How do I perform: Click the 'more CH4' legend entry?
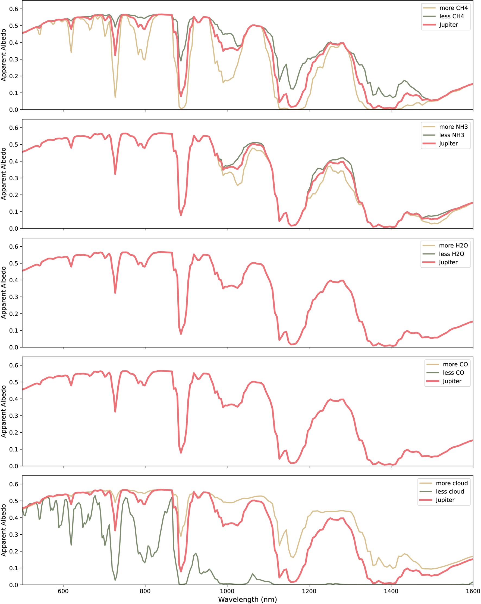click(x=445, y=8)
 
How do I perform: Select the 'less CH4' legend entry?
click(x=443, y=16)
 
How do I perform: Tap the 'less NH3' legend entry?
click(x=443, y=135)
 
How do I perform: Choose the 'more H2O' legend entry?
click(x=445, y=245)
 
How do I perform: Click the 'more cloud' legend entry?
click(x=444, y=483)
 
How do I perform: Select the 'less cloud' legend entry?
click(x=442, y=491)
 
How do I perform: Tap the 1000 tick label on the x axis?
click(x=227, y=591)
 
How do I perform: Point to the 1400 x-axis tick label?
click(x=391, y=591)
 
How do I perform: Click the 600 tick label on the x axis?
click(x=63, y=591)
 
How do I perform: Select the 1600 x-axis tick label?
click(x=473, y=591)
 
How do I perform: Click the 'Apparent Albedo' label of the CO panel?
click(x=3, y=411)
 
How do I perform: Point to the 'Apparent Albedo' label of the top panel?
click(x=3, y=55)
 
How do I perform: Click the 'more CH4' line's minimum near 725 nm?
click(x=115, y=97)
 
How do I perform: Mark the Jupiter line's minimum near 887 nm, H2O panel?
click(x=181, y=334)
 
